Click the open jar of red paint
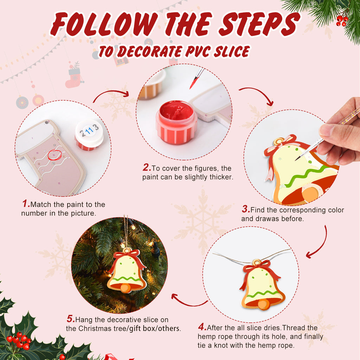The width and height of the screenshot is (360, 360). (176, 121)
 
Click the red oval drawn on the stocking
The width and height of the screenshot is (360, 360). (54, 154)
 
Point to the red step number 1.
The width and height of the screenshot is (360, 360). (26, 204)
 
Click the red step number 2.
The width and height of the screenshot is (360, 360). (147, 168)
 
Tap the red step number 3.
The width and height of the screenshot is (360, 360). (245, 210)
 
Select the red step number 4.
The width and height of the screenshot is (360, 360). (202, 327)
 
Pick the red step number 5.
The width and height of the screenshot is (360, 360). (70, 320)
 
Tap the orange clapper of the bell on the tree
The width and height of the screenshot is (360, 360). (126, 288)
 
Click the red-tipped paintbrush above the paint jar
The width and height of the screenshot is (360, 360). (197, 78)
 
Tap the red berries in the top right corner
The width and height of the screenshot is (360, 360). (341, 20)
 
